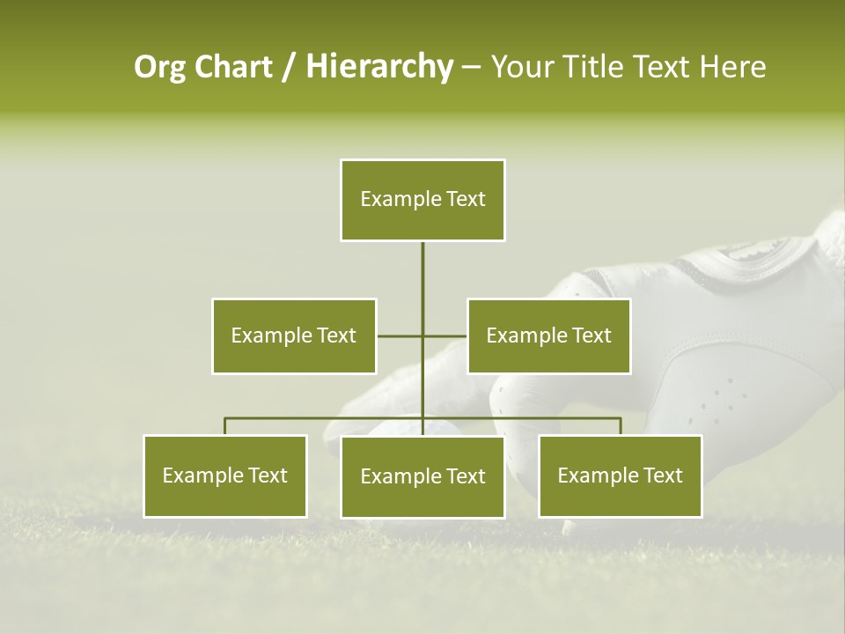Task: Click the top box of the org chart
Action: [422, 200]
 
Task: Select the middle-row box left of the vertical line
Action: [294, 335]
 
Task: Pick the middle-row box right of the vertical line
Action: [548, 335]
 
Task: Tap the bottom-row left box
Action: [225, 476]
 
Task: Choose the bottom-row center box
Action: [422, 477]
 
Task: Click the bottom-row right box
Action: [620, 476]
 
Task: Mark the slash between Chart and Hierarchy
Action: [288, 67]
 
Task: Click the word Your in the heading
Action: [523, 67]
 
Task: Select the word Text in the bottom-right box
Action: [662, 475]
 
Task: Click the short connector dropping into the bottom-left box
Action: [225, 426]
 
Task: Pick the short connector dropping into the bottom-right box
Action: [620, 426]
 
